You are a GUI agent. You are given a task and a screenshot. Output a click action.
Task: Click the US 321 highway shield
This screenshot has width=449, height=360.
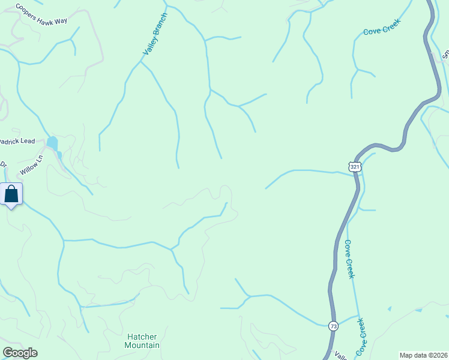[x=355, y=166]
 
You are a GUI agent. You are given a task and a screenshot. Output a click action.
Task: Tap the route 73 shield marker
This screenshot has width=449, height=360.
[x=334, y=326]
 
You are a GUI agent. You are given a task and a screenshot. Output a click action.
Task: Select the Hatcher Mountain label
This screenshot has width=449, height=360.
[x=142, y=341]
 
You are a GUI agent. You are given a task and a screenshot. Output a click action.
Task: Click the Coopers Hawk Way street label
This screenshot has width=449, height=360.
[x=41, y=15]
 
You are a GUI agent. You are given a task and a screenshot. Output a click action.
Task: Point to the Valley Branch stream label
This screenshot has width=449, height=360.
[x=155, y=35]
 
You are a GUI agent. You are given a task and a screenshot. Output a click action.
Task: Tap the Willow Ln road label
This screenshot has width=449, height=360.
[x=32, y=166]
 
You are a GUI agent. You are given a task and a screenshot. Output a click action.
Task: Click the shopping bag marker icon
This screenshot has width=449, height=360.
[x=11, y=194]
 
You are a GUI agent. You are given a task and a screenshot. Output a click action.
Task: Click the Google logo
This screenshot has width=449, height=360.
[x=20, y=353]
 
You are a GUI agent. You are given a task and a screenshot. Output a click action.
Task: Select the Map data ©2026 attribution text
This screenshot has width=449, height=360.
[x=424, y=355]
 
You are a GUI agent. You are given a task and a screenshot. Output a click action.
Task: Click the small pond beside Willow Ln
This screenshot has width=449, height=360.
[x=53, y=144]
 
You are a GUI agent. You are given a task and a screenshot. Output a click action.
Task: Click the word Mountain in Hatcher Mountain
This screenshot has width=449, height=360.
[x=142, y=345]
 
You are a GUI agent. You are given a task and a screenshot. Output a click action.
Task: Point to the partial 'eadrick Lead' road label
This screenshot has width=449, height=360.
[x=17, y=142]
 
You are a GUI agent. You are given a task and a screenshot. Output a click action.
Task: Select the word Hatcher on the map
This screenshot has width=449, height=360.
[x=142, y=337]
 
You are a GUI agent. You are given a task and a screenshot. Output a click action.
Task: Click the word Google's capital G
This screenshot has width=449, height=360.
[x=8, y=353]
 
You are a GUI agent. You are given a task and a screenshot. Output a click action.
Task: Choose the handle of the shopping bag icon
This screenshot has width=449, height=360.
[x=11, y=189]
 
